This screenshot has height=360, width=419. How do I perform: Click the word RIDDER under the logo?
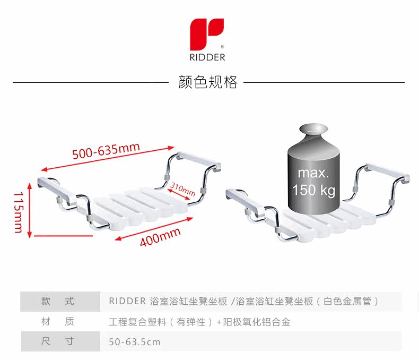tap(207, 57)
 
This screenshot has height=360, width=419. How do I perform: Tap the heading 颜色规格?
tap(208, 82)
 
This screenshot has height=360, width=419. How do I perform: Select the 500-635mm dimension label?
tap(106, 150)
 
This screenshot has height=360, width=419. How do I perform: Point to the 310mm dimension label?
tap(182, 189)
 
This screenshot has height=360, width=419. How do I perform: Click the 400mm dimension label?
tap(160, 237)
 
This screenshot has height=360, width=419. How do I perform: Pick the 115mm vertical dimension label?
tap(18, 212)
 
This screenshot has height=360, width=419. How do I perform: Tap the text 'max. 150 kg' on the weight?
tap(313, 182)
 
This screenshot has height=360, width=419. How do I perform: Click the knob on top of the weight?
tap(313, 130)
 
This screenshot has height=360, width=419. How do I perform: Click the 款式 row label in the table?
tap(58, 302)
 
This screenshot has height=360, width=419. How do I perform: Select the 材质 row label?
tap(58, 322)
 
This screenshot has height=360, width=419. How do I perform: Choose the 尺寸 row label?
tap(58, 341)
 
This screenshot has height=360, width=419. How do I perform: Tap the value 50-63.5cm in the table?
tap(134, 342)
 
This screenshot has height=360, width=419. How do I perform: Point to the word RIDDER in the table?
tap(127, 302)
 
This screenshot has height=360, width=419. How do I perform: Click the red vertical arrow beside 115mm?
tap(30, 212)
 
